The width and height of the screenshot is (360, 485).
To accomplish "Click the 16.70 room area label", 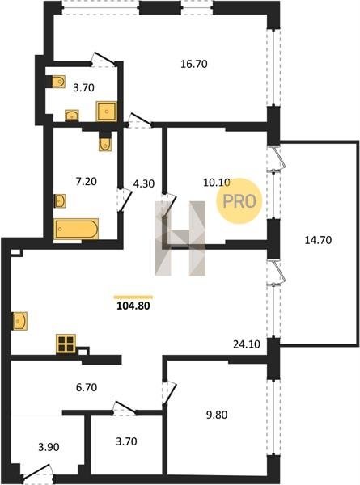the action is click(x=194, y=64).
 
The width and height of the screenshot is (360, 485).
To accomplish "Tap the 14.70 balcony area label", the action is click(x=318, y=240).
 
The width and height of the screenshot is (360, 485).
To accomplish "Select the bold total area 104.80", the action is click(x=133, y=306).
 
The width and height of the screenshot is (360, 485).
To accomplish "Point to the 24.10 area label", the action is click(x=247, y=344).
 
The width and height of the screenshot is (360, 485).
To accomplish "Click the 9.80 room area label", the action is click(x=217, y=415).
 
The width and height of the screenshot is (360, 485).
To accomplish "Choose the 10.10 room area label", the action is click(x=217, y=183).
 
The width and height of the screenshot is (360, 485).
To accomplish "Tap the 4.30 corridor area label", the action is click(x=144, y=183).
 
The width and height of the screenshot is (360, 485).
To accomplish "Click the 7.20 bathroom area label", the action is click(x=87, y=181).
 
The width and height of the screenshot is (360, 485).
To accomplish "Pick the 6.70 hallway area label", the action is click(x=87, y=387).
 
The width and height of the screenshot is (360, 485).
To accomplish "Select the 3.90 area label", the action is click(x=49, y=447).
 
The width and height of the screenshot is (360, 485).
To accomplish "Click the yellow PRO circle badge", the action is click(x=239, y=201).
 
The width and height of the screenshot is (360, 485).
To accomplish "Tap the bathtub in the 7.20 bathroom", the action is click(x=77, y=229).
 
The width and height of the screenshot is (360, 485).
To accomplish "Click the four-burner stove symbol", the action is click(x=66, y=344).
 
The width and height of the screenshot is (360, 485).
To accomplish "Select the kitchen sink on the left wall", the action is click(x=20, y=321).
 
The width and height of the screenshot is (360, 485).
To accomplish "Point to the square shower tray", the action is click(x=107, y=111).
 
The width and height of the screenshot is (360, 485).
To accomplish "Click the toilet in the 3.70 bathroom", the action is click(x=58, y=82).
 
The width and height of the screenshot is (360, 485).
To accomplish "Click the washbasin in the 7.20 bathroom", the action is click(x=60, y=201).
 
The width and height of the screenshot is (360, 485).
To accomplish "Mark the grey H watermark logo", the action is click(x=180, y=238).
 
